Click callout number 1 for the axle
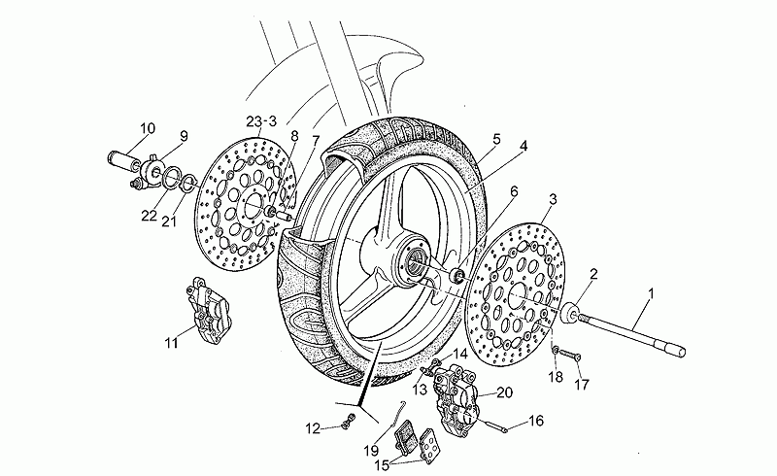coord(651,293)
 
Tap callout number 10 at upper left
coord(147,128)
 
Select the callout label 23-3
coord(261,121)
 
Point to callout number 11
coord(172,341)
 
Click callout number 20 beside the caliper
coord(504,392)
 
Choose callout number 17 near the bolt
coord(582,385)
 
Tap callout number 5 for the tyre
coord(495,139)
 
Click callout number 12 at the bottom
coord(312,426)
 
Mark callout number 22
coord(148,216)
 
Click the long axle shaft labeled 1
coord(631,330)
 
